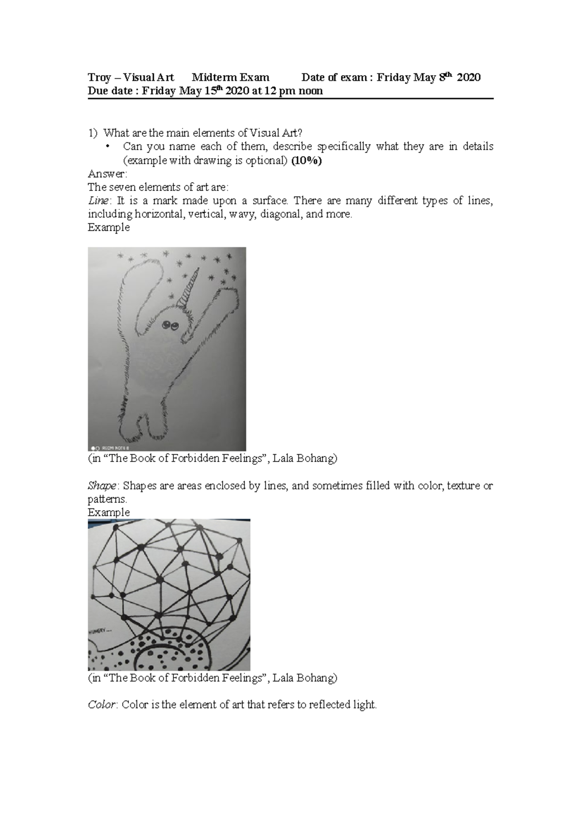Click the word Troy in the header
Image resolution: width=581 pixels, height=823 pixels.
(x=99, y=78)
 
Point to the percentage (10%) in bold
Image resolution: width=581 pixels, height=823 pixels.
(x=306, y=161)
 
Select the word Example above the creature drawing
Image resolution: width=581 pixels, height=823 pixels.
(x=108, y=227)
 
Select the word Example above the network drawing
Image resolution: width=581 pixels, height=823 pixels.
(x=108, y=512)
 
